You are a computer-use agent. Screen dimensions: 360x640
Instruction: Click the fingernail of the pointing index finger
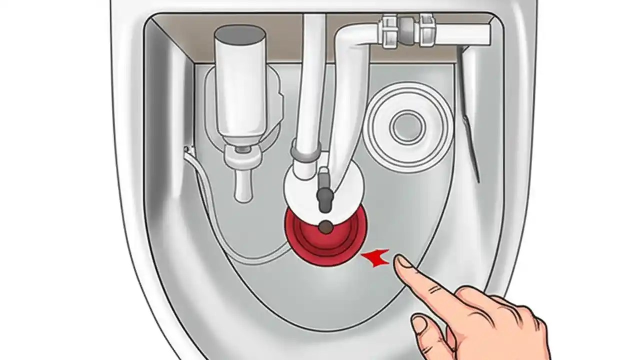[403, 261]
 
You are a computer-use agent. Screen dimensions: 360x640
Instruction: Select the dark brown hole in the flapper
[325, 227]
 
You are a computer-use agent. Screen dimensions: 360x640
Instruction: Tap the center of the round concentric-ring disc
[407, 126]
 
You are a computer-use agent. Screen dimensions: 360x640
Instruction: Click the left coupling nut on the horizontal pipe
[390, 31]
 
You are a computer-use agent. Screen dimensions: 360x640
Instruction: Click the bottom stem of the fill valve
[243, 185]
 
